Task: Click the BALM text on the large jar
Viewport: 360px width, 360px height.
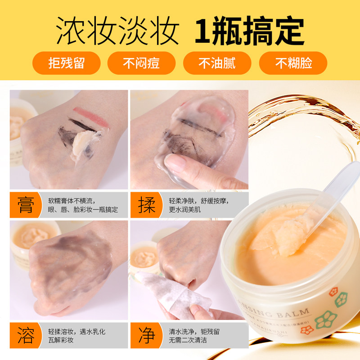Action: pos(292,312)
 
